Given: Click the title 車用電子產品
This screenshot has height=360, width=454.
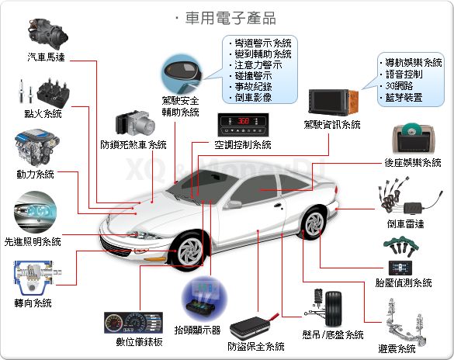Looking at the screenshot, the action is tap(230, 18).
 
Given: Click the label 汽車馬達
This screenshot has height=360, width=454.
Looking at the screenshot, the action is tap(46, 57).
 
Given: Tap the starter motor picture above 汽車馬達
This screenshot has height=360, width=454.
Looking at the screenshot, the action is tap(47, 33).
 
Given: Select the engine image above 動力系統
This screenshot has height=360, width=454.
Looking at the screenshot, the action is tap(36, 147).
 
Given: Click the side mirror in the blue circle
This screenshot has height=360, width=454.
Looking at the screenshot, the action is tap(181, 72).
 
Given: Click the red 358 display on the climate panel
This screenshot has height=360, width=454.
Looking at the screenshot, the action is tap(243, 121).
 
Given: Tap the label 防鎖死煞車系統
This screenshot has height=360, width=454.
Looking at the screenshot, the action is tap(133, 144).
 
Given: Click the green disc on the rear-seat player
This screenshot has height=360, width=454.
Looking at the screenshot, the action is tap(411, 129).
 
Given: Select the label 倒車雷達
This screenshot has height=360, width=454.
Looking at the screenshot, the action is tap(405, 223).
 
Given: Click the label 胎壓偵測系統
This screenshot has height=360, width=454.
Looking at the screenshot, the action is tap(404, 282).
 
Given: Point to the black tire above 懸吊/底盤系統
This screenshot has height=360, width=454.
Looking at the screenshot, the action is tap(333, 309).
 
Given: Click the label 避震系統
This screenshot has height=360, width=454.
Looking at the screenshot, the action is tap(397, 348).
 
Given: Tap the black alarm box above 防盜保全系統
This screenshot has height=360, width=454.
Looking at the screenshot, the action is tap(250, 327).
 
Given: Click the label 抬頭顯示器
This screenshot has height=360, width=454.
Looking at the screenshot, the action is tap(197, 330).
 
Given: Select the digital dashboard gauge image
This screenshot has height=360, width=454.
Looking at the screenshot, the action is tap(133, 323).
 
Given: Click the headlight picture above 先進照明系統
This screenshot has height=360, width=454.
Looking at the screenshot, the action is tap(35, 212).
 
